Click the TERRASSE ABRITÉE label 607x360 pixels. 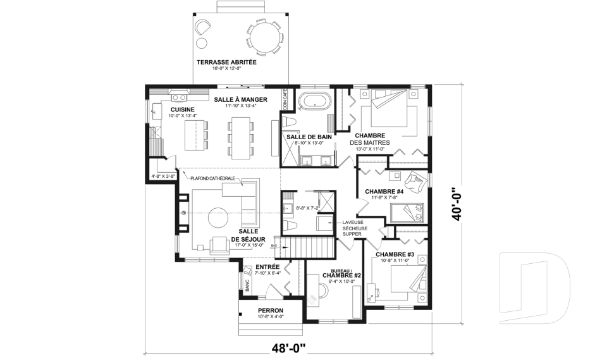226,62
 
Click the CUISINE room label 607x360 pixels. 182,109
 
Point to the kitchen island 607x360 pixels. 192,135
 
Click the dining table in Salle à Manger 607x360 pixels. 240,138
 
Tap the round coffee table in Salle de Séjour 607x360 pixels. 218,218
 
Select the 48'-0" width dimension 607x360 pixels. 288,349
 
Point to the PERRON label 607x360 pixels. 271,311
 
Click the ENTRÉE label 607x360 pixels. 267,267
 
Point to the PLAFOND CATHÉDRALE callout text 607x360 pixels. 212,178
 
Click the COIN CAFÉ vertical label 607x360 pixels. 285,99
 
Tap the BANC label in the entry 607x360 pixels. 247,285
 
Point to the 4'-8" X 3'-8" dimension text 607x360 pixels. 163,177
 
